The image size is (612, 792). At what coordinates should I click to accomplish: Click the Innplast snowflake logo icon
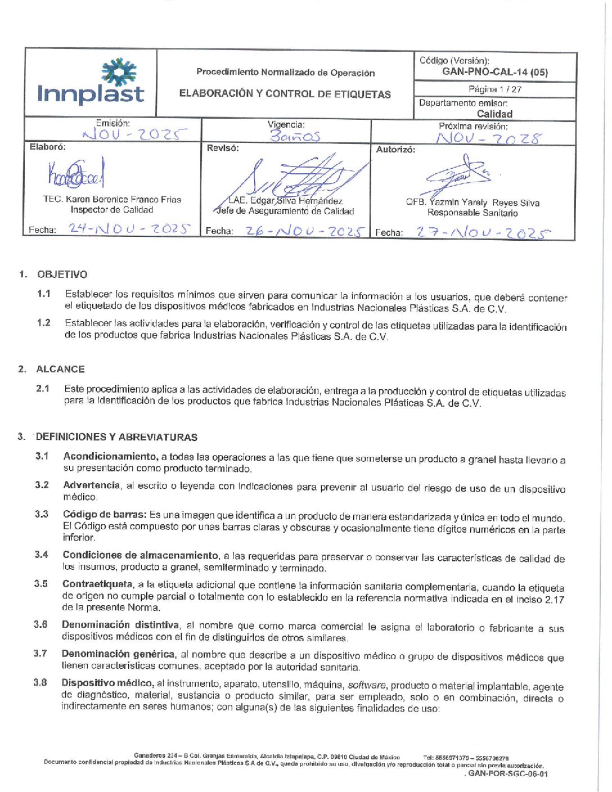click(119, 72)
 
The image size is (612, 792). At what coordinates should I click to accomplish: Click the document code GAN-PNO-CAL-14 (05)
click(495, 72)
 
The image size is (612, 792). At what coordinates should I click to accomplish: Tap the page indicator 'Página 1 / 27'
click(495, 89)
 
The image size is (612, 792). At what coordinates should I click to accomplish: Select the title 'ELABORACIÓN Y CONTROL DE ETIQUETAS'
click(285, 94)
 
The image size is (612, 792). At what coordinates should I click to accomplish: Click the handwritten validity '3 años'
click(295, 136)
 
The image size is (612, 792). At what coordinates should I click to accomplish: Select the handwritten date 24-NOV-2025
click(129, 228)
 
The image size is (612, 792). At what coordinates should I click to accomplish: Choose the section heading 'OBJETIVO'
click(62, 274)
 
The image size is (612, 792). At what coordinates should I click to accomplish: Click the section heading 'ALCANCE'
click(60, 369)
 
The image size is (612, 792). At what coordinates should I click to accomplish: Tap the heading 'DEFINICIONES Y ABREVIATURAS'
click(116, 437)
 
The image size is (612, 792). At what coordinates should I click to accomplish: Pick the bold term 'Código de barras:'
click(105, 515)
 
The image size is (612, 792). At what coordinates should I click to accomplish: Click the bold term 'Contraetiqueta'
click(98, 584)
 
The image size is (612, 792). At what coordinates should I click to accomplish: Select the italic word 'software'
click(367, 685)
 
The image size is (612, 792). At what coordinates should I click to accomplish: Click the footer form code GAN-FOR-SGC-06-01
click(508, 773)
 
